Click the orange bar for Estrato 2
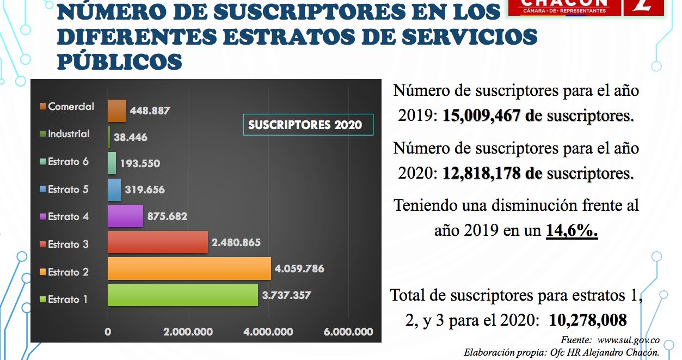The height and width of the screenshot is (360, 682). point(189,269)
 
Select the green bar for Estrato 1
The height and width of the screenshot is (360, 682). point(182,295)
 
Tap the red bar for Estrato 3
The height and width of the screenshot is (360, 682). point(158,242)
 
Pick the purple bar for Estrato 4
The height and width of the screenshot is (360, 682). point(125,216)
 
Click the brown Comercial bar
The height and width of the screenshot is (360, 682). point(117,111)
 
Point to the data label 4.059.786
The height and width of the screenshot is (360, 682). point(299,269)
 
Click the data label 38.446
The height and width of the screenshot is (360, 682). point(131,138)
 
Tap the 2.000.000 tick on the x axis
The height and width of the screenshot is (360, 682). point(188,332)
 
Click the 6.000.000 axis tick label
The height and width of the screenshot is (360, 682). point(348,332)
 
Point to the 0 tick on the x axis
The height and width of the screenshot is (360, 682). point(108,332)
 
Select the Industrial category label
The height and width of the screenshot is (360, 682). point(69,134)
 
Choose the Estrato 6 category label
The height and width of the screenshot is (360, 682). point(68,162)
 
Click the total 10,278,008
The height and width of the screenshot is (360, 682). point(588,320)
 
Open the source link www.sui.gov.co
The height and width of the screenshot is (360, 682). point(629,339)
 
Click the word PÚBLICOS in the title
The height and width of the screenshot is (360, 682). point(119,61)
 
